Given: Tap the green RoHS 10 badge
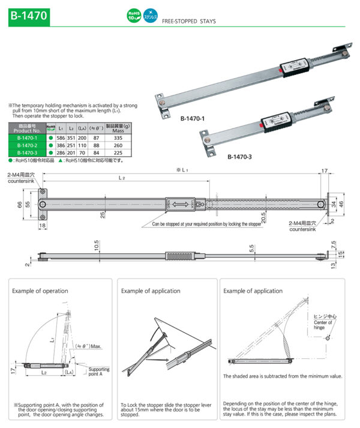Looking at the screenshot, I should pos(133,15).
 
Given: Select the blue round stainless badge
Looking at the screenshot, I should pos(149,15).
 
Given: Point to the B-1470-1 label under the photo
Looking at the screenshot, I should pos(193,119).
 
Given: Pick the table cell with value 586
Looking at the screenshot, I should pos(61,137).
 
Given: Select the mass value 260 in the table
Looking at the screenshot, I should pos(118,145).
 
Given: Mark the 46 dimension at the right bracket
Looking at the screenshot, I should pos(343,205).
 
